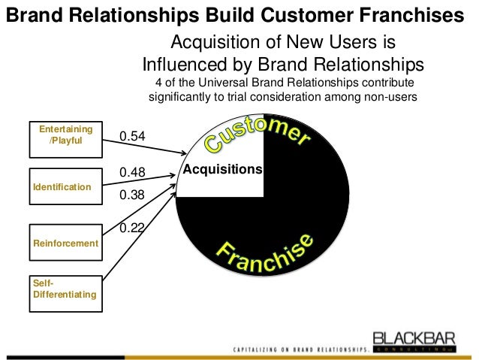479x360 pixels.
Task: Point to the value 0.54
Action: point(132,136)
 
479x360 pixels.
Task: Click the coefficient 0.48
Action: point(132,173)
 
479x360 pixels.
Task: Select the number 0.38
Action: point(132,195)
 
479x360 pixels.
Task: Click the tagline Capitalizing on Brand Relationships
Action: point(300,350)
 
